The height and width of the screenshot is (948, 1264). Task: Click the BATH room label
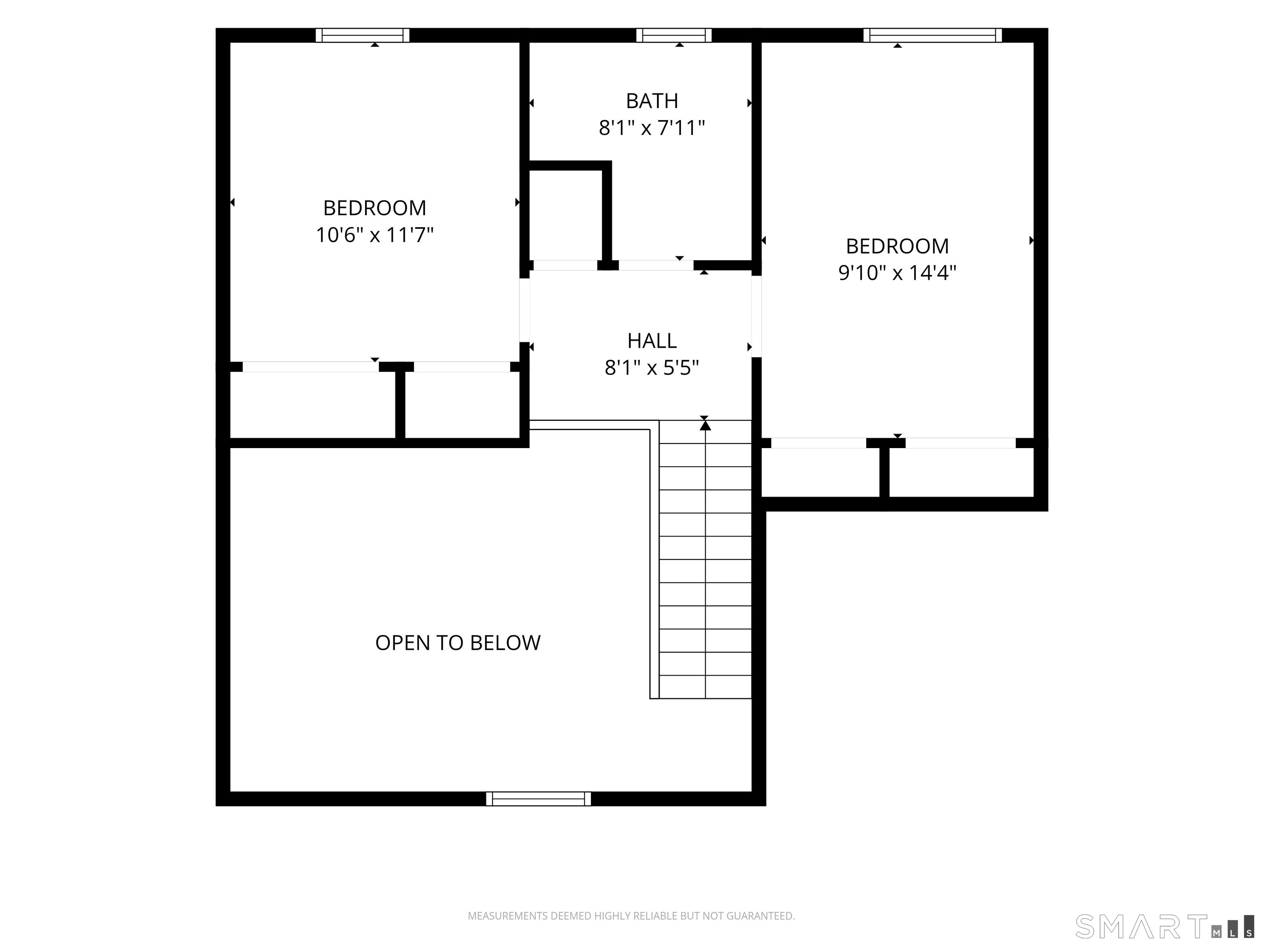tap(652, 101)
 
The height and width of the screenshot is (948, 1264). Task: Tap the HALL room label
tap(652, 341)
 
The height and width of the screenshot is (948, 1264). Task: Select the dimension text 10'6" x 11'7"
tap(375, 235)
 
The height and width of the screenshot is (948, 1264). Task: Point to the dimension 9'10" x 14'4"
tap(897, 273)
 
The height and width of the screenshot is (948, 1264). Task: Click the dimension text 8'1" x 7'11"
tap(652, 128)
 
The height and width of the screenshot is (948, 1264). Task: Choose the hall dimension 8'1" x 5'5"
tap(652, 368)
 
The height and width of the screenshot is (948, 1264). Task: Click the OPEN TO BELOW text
tap(458, 643)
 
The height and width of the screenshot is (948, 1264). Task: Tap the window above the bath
tap(674, 35)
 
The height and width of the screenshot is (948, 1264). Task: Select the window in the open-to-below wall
tap(538, 799)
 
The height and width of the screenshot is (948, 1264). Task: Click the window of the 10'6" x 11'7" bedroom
tap(363, 35)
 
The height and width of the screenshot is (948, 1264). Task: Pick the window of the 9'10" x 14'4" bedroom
tap(933, 35)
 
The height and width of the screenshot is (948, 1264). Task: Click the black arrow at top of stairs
tap(705, 425)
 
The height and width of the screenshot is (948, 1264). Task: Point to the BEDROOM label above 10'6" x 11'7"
tap(375, 208)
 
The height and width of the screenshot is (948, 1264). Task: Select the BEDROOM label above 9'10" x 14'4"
tap(897, 246)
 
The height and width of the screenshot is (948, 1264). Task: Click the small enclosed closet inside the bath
tap(566, 216)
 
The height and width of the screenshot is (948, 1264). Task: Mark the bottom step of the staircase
tap(705, 687)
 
